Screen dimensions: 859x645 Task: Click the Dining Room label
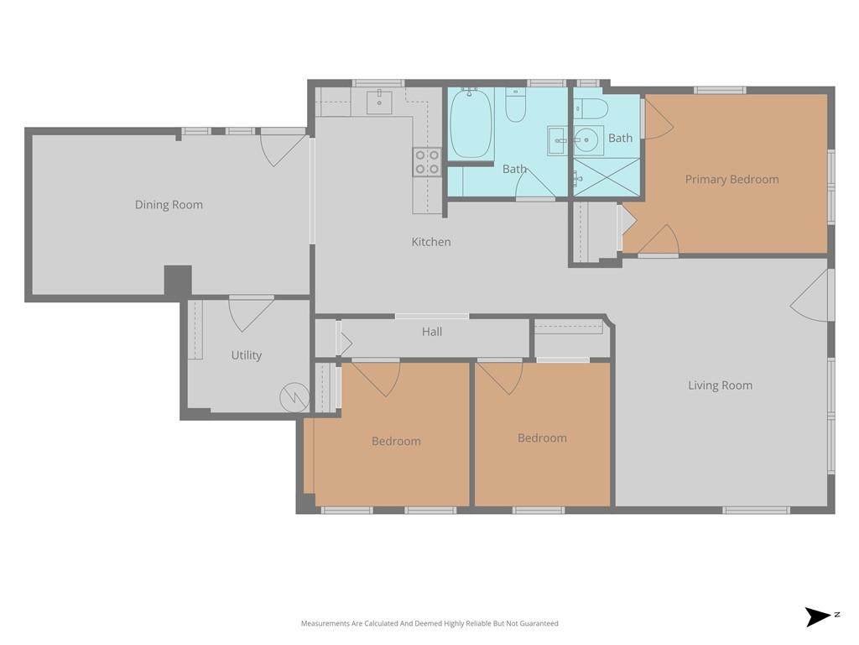click(169, 205)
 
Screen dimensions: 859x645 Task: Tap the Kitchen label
click(431, 242)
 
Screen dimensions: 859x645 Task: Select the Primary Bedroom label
click(731, 180)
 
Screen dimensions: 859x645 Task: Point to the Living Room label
click(720, 385)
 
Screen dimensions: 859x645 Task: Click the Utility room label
click(247, 355)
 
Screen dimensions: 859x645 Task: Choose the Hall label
click(432, 332)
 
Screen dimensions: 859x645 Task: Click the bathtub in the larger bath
click(470, 123)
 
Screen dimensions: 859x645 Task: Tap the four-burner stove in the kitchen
click(427, 162)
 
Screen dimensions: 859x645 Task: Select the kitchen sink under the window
click(379, 102)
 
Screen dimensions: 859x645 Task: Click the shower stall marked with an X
click(607, 177)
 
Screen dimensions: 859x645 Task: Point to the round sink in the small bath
click(588, 140)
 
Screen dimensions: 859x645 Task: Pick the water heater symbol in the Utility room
click(294, 397)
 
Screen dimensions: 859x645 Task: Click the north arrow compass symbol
click(820, 616)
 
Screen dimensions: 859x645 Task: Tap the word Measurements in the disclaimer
click(325, 623)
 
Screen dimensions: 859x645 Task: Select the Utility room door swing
click(251, 315)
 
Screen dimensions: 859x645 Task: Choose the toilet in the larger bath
click(516, 105)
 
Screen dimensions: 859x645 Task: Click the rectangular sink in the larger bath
click(560, 140)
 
